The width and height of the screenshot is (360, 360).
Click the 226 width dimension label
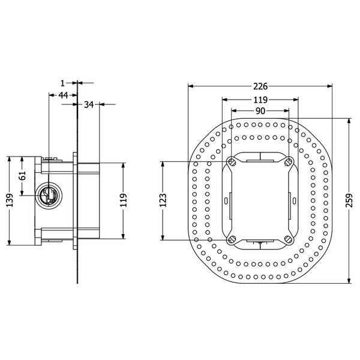click(x=260, y=86)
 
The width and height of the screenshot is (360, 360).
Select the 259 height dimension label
click(x=349, y=200)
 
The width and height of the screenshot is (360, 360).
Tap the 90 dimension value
click(x=260, y=111)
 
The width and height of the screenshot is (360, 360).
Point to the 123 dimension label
click(x=163, y=200)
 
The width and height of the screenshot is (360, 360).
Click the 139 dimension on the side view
click(x=10, y=200)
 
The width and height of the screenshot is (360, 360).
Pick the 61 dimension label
click(x=22, y=176)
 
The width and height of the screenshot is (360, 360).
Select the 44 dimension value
click(x=63, y=95)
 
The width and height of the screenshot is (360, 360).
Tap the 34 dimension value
click(x=89, y=104)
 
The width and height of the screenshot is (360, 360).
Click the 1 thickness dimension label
click(x=62, y=83)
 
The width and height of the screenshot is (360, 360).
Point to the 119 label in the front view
click(x=260, y=100)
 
